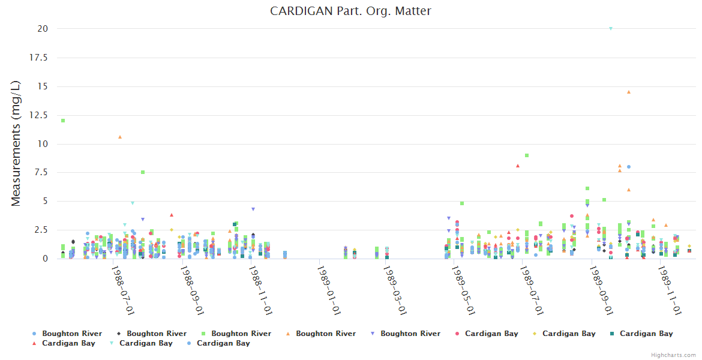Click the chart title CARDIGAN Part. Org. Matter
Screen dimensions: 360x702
tap(350, 11)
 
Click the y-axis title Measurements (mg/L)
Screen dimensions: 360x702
tap(16, 144)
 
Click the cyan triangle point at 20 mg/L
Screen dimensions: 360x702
tap(611, 28)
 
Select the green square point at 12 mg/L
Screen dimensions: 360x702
tap(63, 121)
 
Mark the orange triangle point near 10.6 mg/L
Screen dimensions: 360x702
tap(120, 137)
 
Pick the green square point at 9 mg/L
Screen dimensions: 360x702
tap(527, 155)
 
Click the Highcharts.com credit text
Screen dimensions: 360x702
tap(674, 355)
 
